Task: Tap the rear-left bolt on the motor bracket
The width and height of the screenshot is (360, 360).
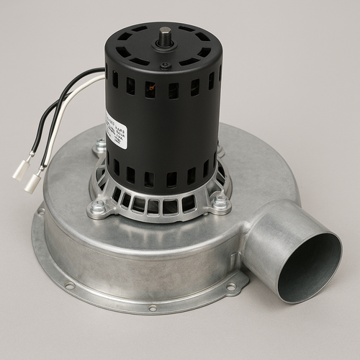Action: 99,148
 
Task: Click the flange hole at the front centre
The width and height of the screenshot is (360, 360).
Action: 153,308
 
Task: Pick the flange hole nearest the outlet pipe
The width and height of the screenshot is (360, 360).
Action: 231,287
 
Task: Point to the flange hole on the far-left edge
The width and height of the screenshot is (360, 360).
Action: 40,212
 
